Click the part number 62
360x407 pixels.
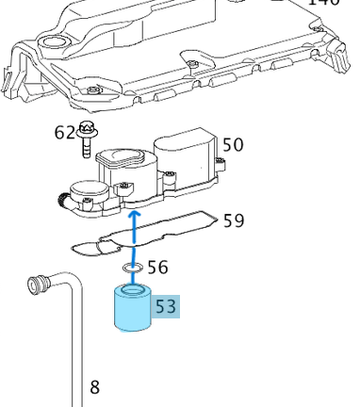[65, 132]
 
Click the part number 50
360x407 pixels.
[232, 144]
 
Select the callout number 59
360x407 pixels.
[234, 220]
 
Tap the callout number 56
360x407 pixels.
[157, 268]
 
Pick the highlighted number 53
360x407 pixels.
[165, 306]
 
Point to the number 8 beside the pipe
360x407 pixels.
[94, 386]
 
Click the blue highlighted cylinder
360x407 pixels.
[132, 311]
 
